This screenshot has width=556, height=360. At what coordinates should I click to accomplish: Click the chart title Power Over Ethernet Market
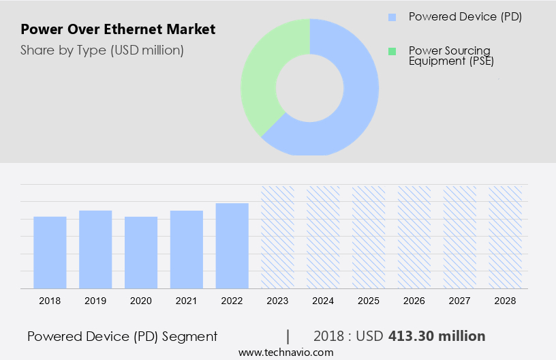(x=118, y=29)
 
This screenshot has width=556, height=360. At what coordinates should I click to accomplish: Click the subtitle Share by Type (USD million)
(x=102, y=50)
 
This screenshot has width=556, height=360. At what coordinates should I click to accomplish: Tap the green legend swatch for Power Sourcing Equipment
(x=392, y=51)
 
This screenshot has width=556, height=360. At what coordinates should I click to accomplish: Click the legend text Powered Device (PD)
(x=465, y=17)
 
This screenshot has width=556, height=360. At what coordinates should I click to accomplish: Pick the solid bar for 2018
(x=50, y=252)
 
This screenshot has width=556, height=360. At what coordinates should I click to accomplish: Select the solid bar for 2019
(x=95, y=250)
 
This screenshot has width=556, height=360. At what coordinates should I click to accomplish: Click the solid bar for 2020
(x=141, y=252)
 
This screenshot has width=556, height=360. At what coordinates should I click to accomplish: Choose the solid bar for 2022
(x=232, y=245)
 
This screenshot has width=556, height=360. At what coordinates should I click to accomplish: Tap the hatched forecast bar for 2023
(x=277, y=237)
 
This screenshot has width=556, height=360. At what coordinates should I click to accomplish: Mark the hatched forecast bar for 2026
(x=414, y=237)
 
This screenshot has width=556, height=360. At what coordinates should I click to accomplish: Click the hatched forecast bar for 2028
(x=505, y=237)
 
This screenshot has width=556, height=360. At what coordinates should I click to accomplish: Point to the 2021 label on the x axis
(x=186, y=301)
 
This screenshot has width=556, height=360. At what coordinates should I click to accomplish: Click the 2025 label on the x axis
(x=369, y=301)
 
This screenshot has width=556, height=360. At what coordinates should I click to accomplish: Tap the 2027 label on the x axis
(x=459, y=301)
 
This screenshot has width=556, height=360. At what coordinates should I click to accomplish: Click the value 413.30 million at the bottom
(x=437, y=336)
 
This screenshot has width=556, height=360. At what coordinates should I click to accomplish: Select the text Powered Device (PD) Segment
(x=123, y=336)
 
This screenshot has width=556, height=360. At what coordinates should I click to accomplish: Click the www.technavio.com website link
(x=286, y=352)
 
